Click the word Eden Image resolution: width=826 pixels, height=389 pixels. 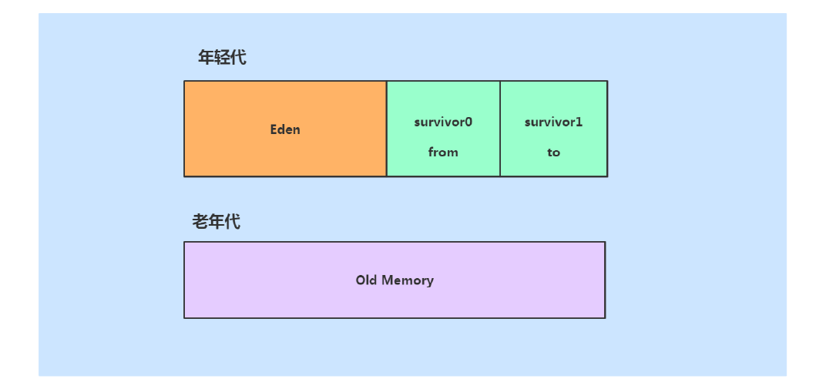tap(285, 129)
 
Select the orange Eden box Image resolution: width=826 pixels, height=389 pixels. tap(285, 129)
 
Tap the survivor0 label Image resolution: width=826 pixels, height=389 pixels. tap(443, 122)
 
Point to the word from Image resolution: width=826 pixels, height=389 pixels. tap(443, 152)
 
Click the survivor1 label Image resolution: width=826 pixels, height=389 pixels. tap(554, 122)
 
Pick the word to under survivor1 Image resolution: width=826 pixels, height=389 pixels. tap(554, 153)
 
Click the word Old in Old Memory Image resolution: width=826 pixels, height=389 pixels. tap(366, 280)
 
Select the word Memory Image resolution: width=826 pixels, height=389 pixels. tap(407, 280)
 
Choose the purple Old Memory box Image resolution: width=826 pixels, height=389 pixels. tap(395, 280)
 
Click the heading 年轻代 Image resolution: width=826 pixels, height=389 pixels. tap(222, 57)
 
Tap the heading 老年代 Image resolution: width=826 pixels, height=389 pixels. tap(216, 222)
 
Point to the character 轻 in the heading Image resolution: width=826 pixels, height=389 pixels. tap(222, 57)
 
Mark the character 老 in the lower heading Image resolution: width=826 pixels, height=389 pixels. tap(200, 222)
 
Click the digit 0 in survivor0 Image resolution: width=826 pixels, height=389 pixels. tap(468, 122)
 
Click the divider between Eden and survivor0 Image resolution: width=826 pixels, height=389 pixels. tap(387, 129)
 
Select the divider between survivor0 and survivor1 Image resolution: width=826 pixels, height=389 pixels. tap(500, 129)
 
